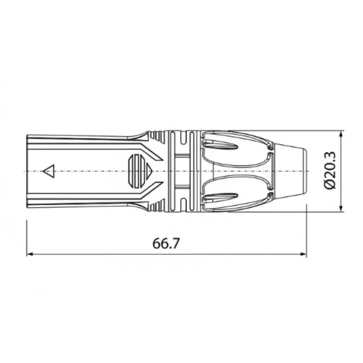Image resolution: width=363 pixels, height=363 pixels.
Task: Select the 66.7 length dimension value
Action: tap(168, 244)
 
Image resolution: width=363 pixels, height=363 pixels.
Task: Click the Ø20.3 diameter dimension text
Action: tap(330, 172)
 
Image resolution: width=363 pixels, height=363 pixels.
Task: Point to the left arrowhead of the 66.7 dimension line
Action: tap(31, 254)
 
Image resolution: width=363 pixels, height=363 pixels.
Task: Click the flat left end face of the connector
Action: tap(28, 172)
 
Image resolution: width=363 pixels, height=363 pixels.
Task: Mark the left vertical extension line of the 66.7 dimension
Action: tap(27, 236)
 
